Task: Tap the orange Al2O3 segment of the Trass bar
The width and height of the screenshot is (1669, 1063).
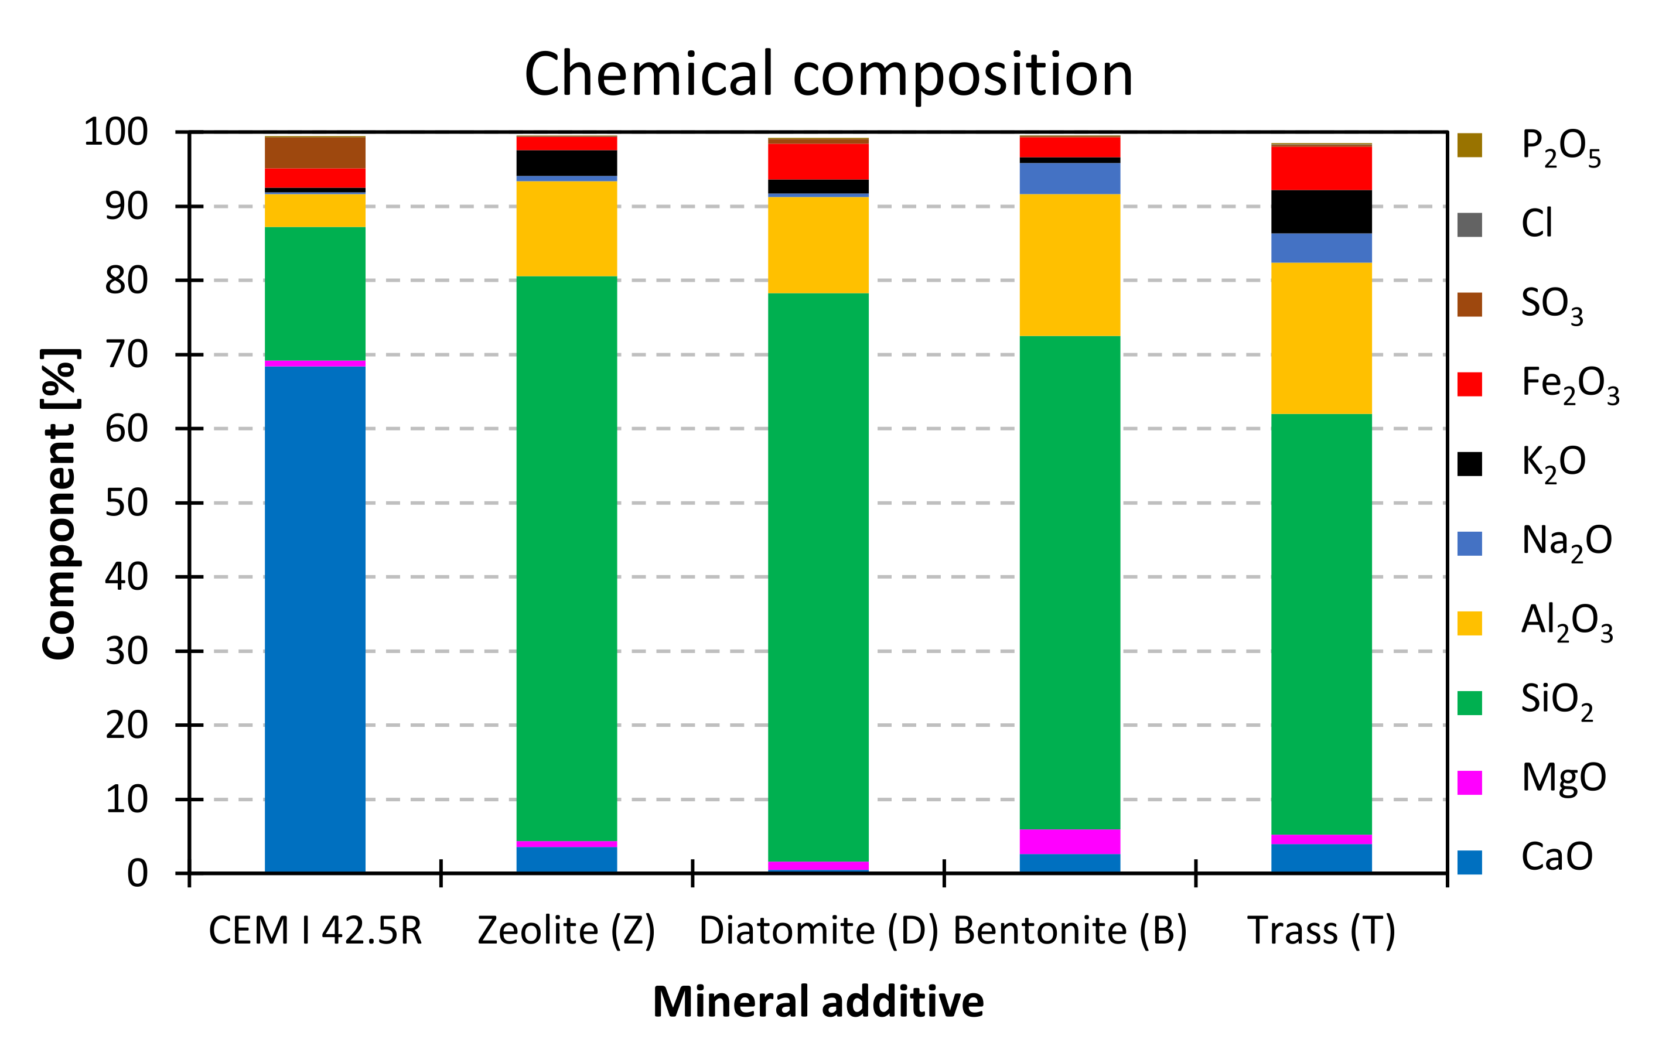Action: [1321, 338]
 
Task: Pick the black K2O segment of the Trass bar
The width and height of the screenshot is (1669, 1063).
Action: [1321, 211]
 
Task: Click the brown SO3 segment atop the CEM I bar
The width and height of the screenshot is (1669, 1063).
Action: [315, 153]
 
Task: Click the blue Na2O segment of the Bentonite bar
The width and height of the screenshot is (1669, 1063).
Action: [1070, 178]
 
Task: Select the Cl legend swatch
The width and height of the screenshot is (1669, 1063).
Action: [1469, 224]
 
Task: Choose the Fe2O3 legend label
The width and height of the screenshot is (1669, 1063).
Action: [1570, 383]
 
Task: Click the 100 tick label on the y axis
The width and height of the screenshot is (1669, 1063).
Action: [116, 132]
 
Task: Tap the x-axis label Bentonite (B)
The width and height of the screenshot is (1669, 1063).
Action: [1070, 930]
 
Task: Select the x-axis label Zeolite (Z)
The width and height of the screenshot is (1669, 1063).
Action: [566, 930]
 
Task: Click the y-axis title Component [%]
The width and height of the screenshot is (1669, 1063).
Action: [59, 504]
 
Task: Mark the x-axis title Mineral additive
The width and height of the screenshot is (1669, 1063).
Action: [818, 1002]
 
